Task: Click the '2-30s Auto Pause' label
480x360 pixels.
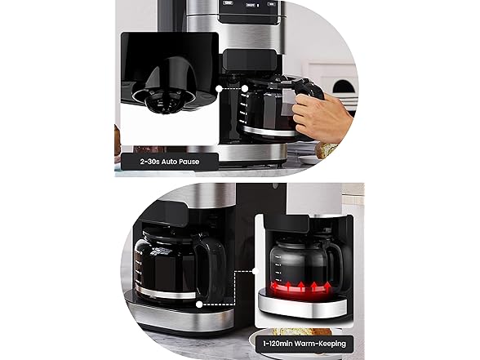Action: point(170,162)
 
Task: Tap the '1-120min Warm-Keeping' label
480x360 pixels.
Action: point(304,344)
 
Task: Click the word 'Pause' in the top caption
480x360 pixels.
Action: point(189,162)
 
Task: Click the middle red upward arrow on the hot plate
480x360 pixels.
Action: point(301,287)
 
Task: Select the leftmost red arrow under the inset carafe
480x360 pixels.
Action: point(275,287)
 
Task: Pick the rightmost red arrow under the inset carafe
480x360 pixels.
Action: point(327,287)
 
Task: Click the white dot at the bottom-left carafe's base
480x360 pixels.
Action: point(199,304)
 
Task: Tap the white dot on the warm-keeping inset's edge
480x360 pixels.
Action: point(256,271)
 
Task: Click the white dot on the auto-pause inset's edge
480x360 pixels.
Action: point(219,89)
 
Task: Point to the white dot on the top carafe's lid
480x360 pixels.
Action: point(245,89)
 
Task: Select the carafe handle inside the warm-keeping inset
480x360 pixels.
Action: point(336,260)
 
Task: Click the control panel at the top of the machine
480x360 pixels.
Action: point(250,10)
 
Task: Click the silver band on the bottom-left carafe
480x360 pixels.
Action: point(165,293)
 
